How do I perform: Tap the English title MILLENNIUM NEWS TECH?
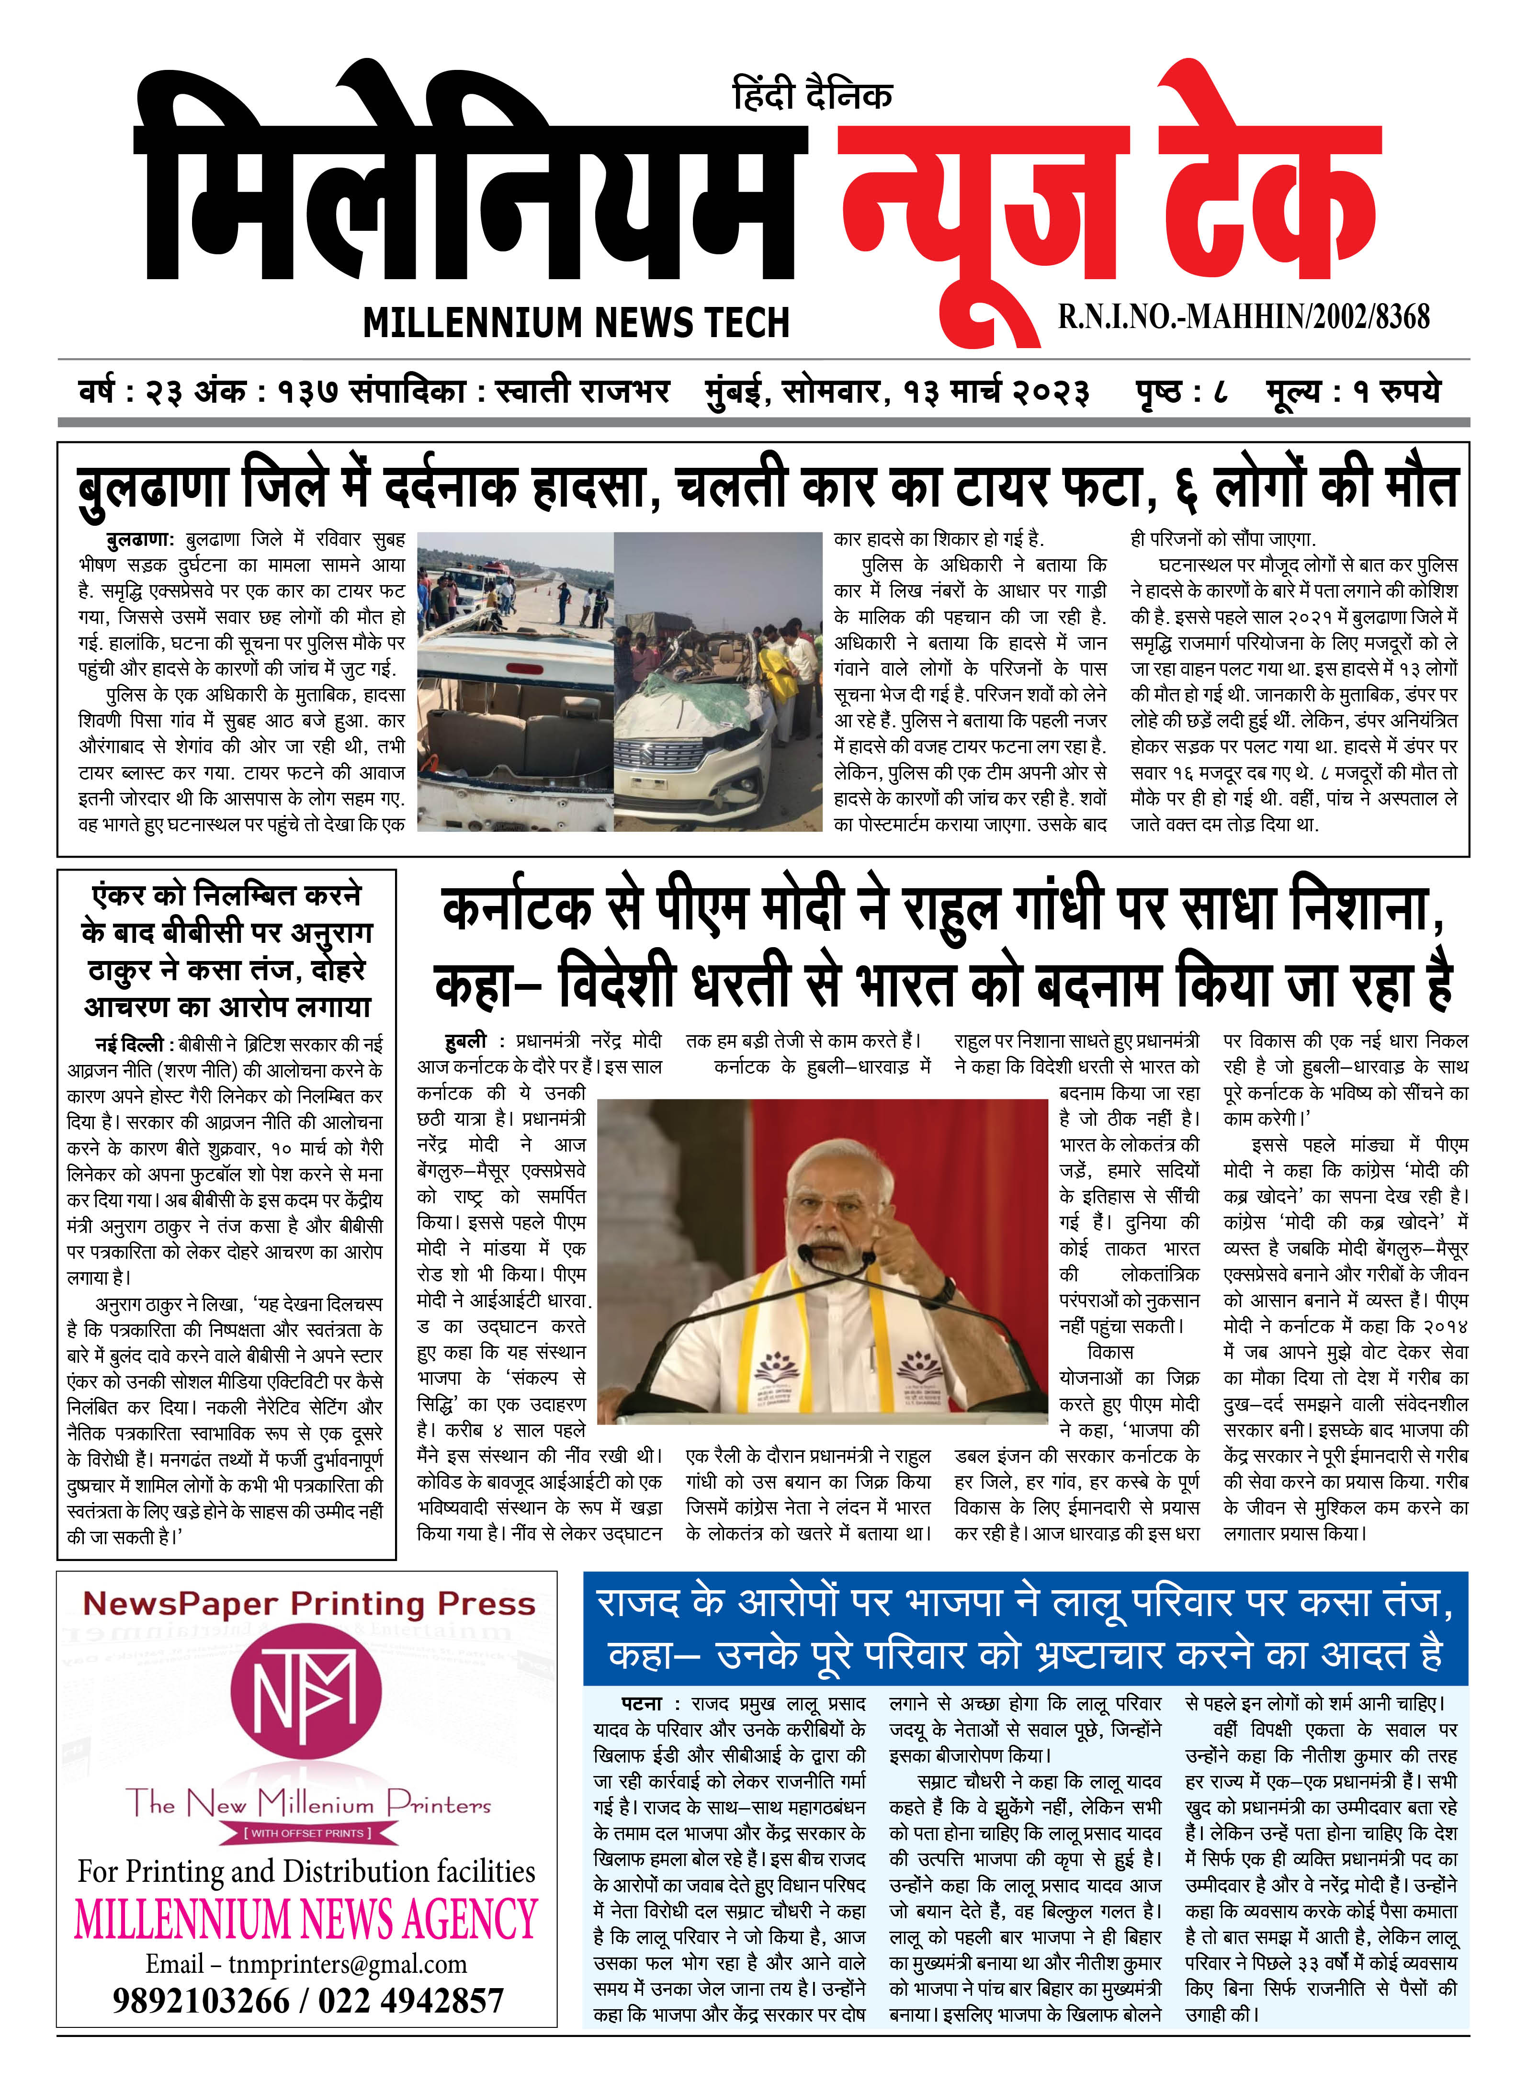576,323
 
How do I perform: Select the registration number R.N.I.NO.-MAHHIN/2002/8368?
1243,317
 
